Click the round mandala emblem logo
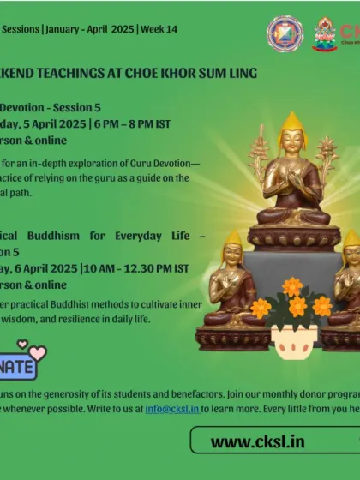[x=285, y=33]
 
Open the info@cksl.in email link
[x=171, y=409]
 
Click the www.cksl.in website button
[x=272, y=441]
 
